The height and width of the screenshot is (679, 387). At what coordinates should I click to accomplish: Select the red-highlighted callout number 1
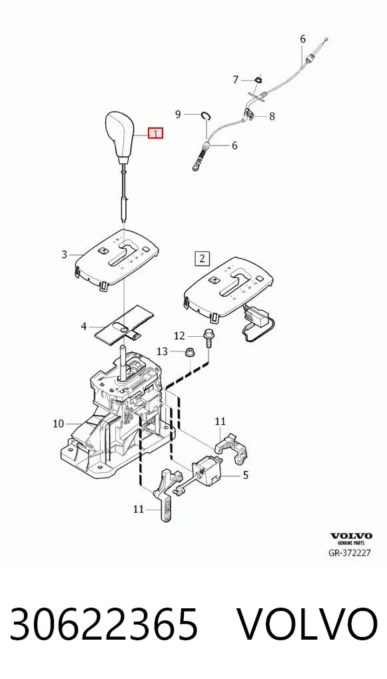[x=156, y=133]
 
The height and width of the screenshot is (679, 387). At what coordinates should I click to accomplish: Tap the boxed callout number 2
[x=202, y=259]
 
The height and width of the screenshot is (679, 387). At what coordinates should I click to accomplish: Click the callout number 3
[x=65, y=255]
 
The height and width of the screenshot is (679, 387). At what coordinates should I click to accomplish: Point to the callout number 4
[x=84, y=325]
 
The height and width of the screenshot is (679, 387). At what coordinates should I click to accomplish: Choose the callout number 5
[x=246, y=476]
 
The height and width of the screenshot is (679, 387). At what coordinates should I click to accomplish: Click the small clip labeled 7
[x=258, y=80]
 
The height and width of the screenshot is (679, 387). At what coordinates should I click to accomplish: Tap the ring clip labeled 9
[x=206, y=115]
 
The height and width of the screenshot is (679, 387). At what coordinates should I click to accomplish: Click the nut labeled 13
[x=189, y=352]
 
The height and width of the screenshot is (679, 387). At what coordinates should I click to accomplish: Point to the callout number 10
[x=59, y=424]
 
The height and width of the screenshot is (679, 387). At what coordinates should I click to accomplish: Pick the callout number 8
[x=272, y=116]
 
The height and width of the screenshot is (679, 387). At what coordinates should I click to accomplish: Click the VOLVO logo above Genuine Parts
[x=351, y=536]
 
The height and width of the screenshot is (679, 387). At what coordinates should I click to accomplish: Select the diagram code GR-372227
[x=350, y=553]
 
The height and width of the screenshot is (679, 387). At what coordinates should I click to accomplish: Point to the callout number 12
[x=179, y=335]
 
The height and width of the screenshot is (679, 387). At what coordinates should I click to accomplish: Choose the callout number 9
[x=178, y=114]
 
